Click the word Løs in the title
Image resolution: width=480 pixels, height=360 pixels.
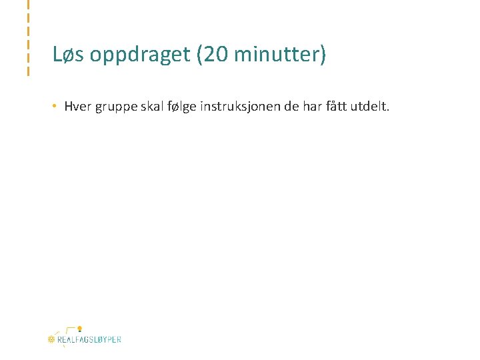coord(69,55)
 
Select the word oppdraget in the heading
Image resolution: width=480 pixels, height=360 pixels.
coord(139,55)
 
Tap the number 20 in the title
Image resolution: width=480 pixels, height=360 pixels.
coord(215,55)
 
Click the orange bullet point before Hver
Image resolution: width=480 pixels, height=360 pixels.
coord(57,106)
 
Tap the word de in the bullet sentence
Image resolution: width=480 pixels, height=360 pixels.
coord(291,106)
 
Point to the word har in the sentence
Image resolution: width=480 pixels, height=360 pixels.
coord(312,106)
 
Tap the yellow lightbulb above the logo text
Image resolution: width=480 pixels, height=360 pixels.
coord(79,329)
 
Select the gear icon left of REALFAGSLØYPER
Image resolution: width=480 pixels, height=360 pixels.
coord(51,339)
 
